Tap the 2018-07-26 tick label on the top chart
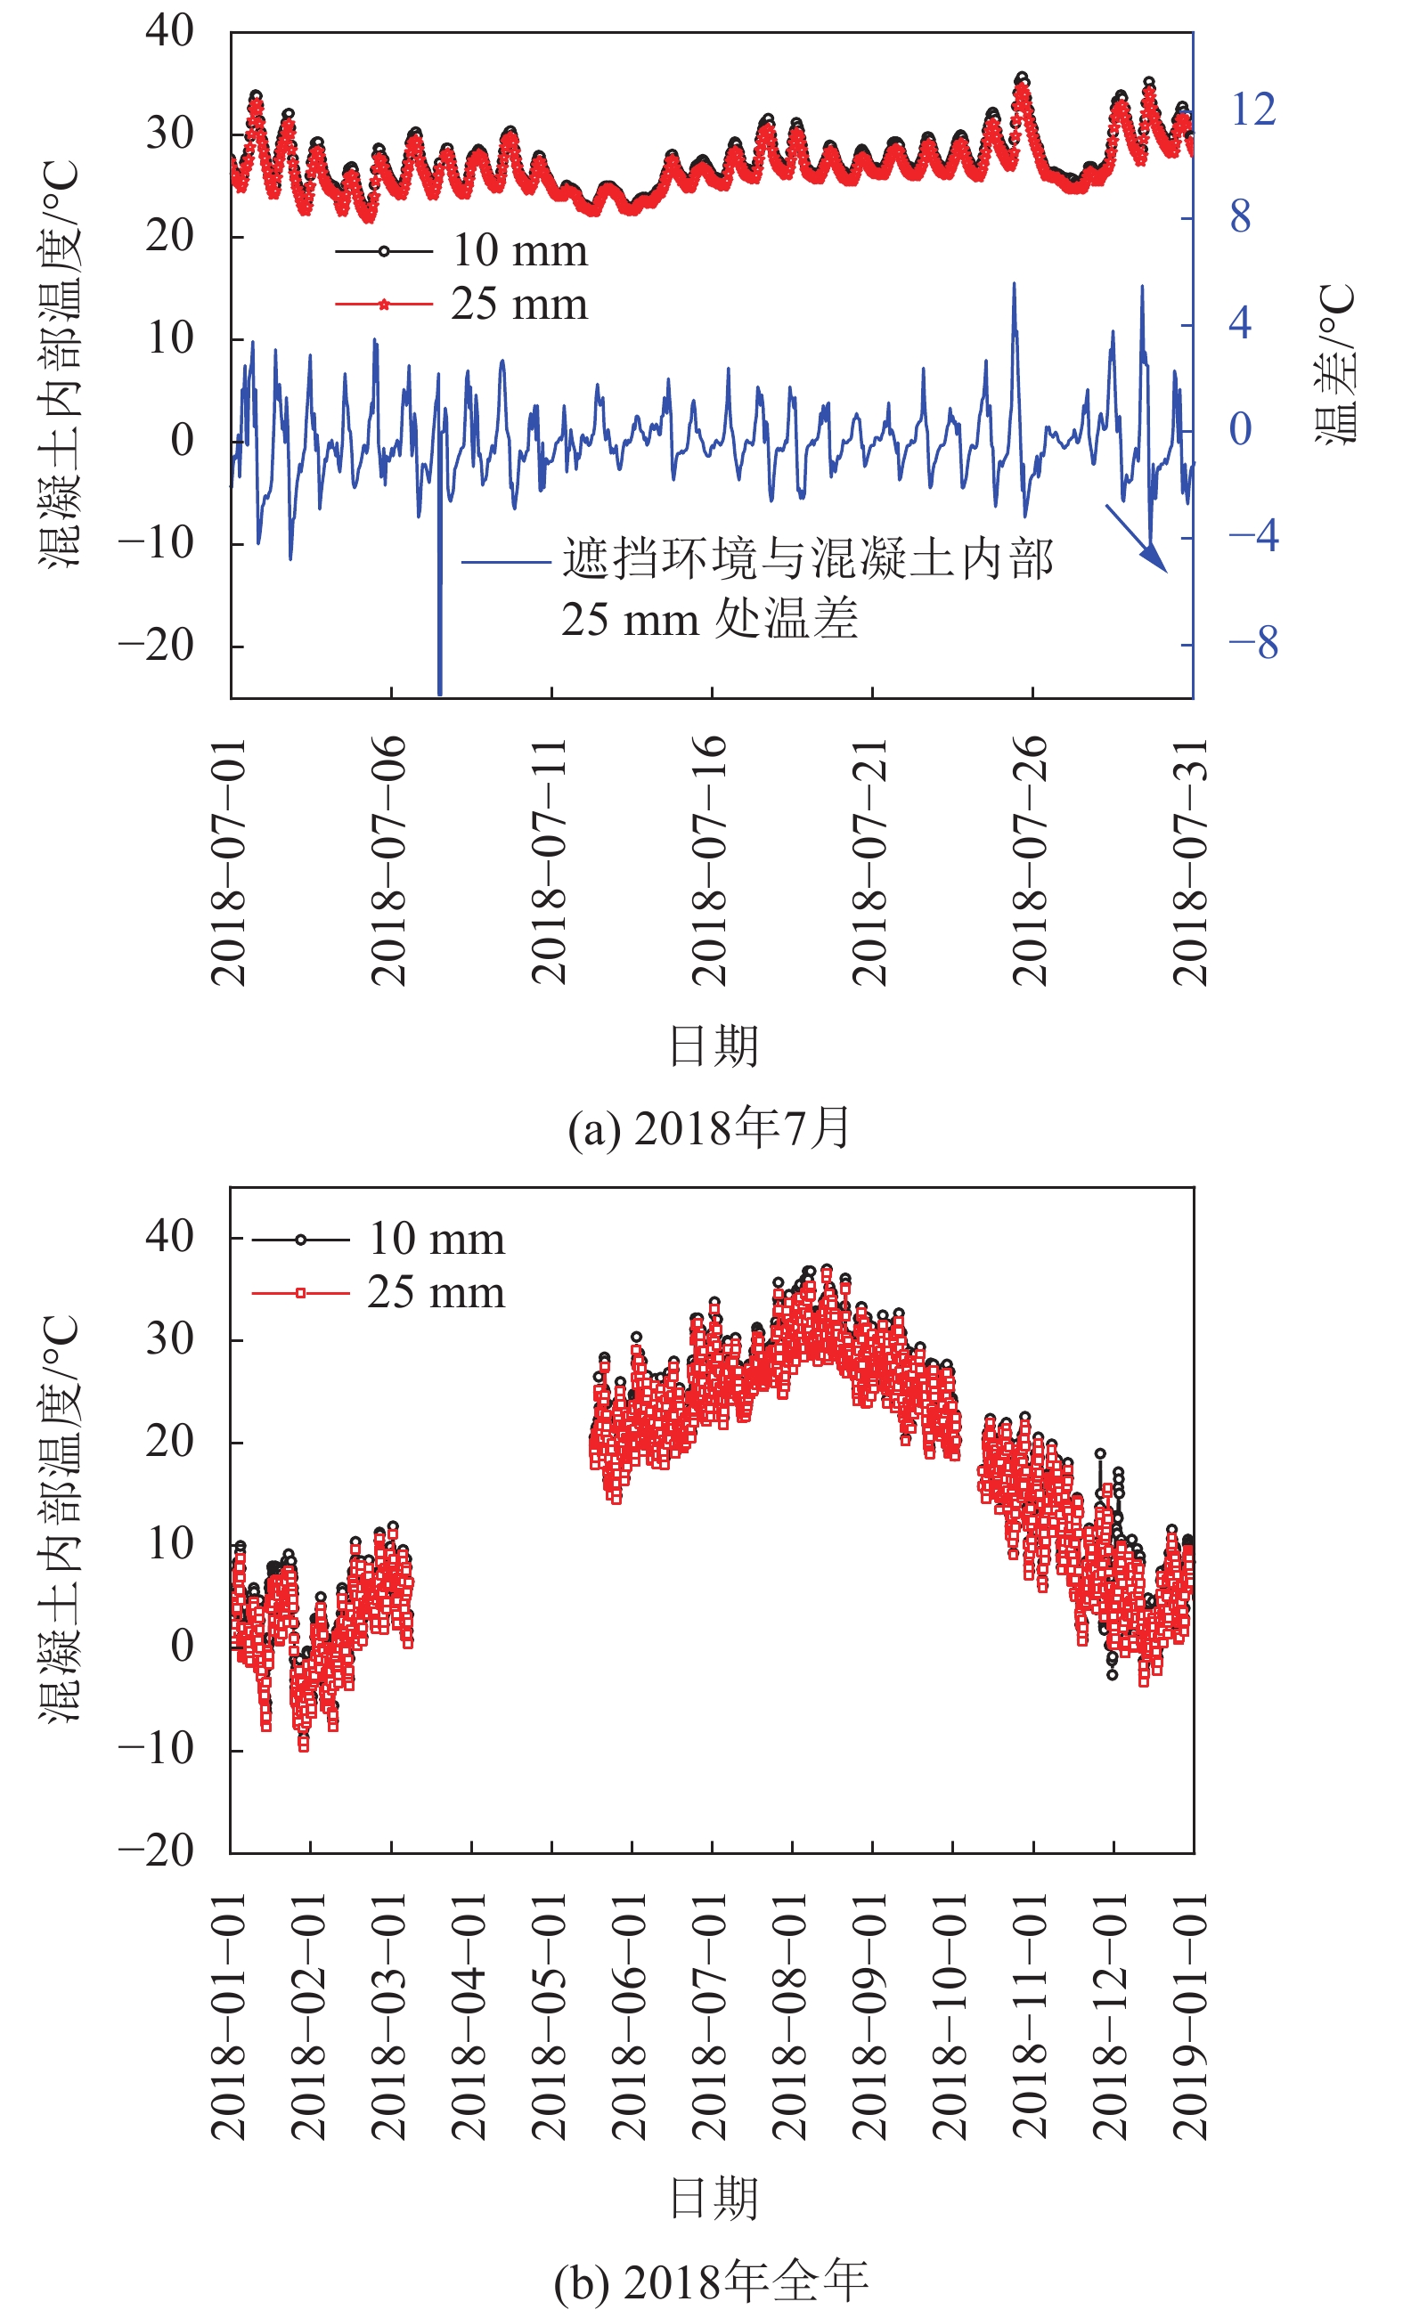[1031, 860]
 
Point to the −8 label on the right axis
[1252, 644]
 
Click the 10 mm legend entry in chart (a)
[519, 250]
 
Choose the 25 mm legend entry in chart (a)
[519, 304]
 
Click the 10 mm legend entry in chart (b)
[436, 1239]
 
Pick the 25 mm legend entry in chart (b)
[436, 1293]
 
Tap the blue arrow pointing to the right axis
[1137, 539]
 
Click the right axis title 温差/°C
[1336, 363]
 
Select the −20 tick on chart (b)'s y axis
[156, 1851]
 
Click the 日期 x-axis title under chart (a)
[714, 1046]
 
